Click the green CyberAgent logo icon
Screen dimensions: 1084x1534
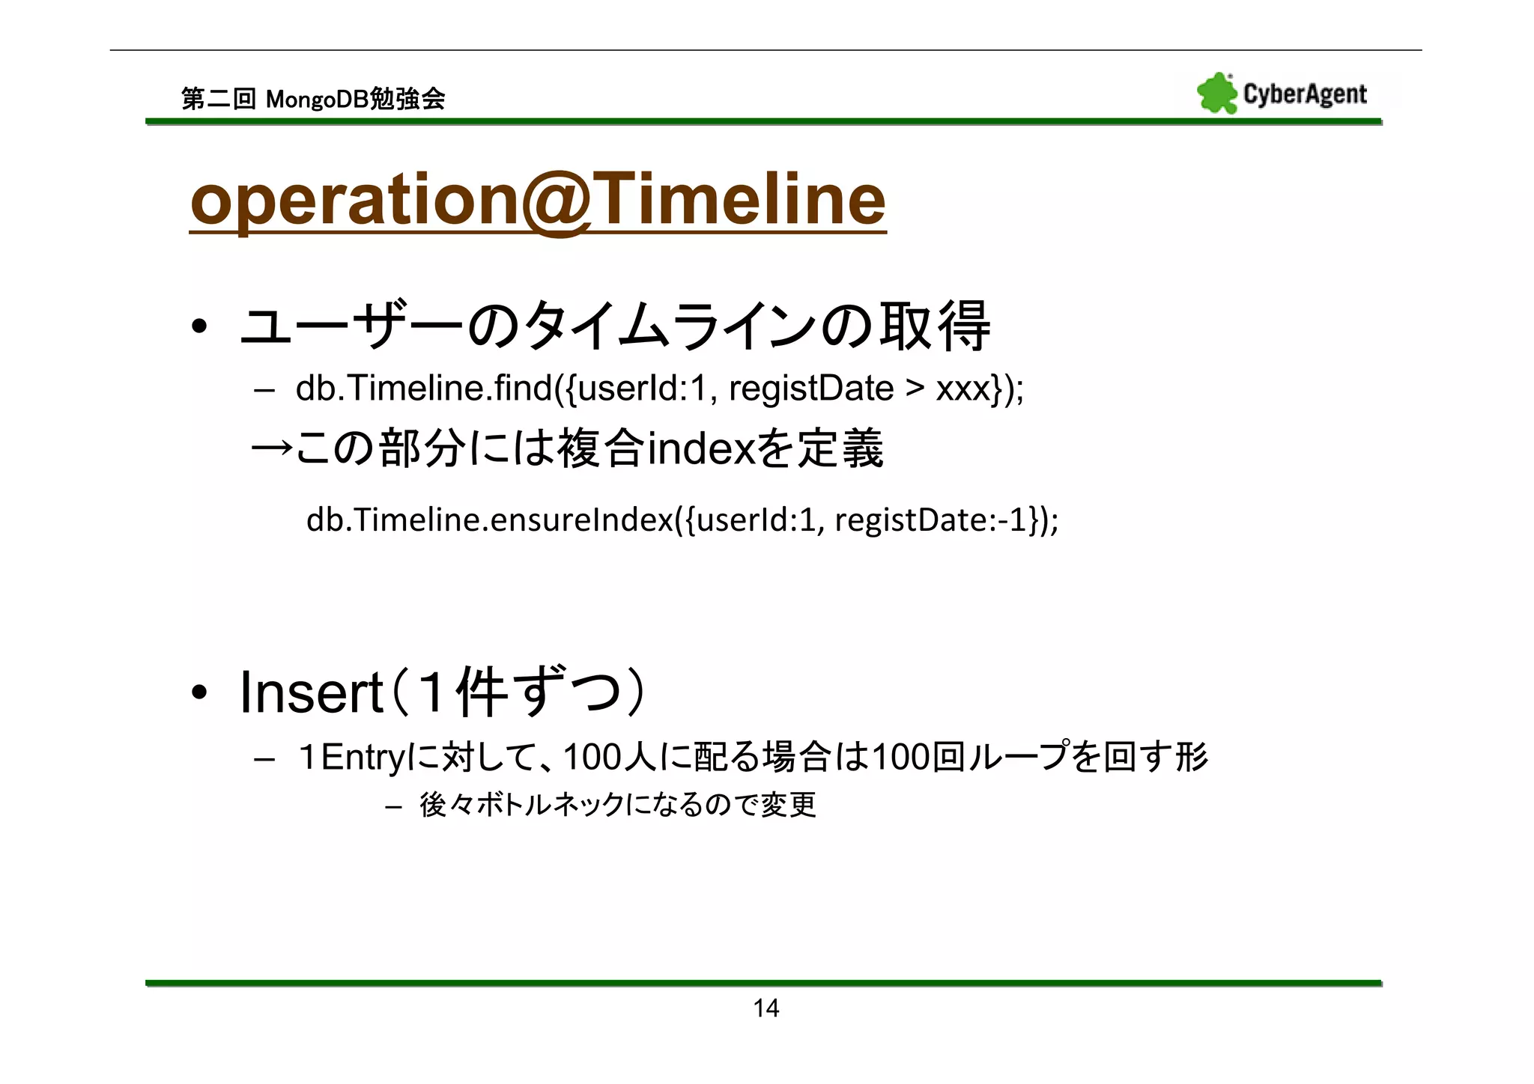(1216, 94)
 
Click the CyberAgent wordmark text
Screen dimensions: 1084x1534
(1305, 94)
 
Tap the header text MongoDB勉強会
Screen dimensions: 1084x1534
(355, 99)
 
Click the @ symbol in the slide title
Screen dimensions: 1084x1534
(556, 200)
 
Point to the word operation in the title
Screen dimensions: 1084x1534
(354, 200)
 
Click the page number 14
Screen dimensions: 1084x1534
(766, 1008)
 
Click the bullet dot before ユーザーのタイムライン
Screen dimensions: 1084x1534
(198, 327)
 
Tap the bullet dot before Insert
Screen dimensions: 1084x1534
(198, 693)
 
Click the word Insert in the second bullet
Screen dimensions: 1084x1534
(311, 693)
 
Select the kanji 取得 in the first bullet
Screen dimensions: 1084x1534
(934, 326)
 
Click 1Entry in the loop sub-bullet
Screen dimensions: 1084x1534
(351, 757)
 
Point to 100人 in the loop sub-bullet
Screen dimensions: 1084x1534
(609, 757)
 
